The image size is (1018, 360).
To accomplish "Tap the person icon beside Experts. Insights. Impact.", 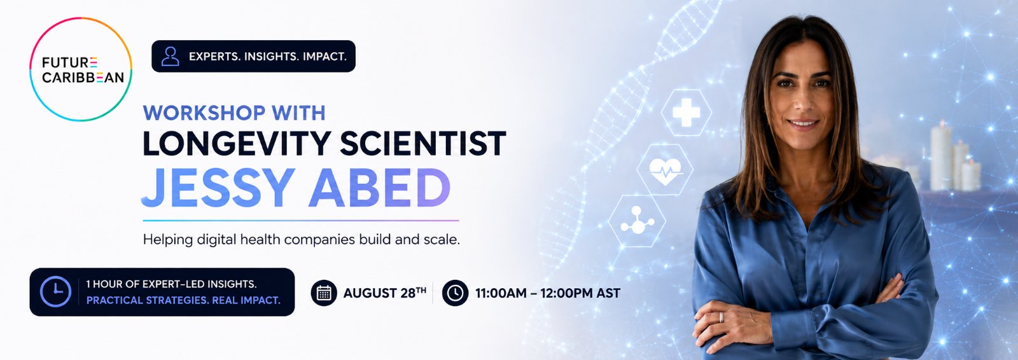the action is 170,57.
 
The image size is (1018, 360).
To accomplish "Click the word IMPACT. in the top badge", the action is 324,57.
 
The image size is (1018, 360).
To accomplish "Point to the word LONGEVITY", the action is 237,144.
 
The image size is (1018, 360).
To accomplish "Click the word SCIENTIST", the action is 423,144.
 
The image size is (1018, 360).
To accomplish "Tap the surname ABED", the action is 380,188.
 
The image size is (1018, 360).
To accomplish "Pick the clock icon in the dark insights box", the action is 55,292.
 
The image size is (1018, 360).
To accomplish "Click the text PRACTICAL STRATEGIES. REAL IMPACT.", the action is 183,300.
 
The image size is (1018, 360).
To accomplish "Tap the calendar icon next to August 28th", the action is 324,293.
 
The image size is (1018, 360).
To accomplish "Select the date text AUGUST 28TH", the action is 384,293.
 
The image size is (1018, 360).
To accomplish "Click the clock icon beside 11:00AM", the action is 455,293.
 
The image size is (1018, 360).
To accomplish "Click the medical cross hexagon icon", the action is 687,113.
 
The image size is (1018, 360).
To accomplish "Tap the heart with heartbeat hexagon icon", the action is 665,170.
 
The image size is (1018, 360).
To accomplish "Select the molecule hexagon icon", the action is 637,221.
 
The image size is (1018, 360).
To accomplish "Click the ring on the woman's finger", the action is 721,317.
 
